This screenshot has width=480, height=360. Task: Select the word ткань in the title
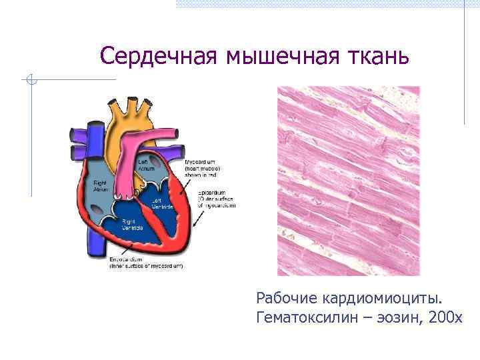coord(377,57)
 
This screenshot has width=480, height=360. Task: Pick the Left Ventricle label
coord(161,203)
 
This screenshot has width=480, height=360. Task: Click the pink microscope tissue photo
coord(348,180)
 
